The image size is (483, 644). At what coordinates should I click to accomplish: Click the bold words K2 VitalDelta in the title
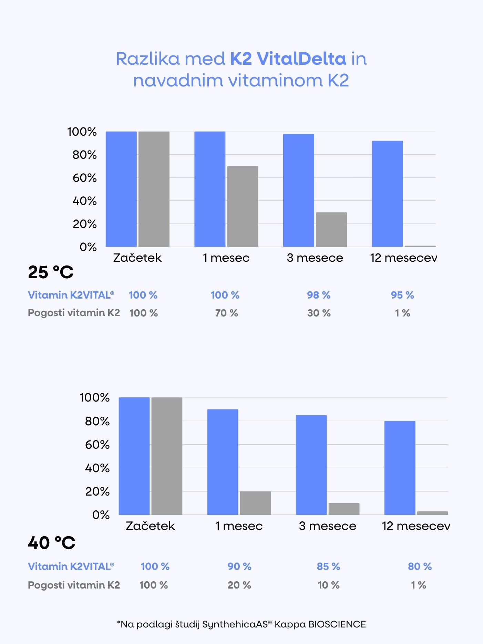click(288, 59)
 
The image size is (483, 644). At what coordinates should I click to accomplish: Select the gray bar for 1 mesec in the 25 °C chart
click(243, 206)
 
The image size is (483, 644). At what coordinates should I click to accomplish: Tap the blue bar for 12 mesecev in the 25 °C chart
click(387, 194)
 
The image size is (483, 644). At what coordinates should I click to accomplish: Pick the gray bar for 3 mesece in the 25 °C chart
click(331, 229)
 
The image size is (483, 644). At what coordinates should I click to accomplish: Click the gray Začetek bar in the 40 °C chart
click(167, 456)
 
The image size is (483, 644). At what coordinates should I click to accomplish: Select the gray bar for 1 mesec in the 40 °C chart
click(255, 503)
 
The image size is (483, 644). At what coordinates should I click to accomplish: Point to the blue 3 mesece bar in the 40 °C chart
click(311, 465)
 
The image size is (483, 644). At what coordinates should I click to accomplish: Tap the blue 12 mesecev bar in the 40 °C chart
click(400, 468)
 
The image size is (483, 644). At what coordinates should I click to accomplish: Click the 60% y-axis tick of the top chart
click(84, 178)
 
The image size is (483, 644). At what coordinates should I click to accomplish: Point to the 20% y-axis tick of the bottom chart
click(97, 491)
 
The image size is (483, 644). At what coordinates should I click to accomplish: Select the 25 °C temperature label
click(51, 272)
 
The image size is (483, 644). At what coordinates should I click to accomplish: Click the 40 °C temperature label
click(52, 543)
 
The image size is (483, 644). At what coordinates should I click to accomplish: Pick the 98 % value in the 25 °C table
click(319, 295)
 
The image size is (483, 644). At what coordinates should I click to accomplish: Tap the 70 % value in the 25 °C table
click(227, 313)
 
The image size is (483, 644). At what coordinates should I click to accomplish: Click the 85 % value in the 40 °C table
click(328, 567)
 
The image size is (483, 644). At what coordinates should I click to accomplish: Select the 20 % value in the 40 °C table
click(239, 585)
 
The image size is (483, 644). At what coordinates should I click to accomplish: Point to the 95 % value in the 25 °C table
click(402, 295)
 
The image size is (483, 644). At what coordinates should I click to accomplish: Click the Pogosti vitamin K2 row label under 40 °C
click(74, 585)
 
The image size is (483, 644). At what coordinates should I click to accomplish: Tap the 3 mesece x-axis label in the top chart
click(315, 258)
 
